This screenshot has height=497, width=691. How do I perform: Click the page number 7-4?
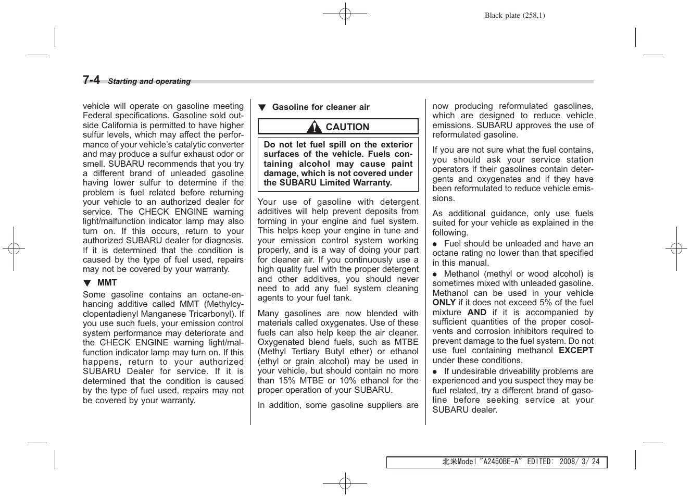(x=91, y=80)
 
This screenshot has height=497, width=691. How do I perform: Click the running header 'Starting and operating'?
(x=149, y=81)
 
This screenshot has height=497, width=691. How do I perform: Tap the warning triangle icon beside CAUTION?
(x=314, y=127)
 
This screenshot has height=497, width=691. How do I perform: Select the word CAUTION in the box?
(x=347, y=127)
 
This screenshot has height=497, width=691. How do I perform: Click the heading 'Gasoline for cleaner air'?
(x=321, y=107)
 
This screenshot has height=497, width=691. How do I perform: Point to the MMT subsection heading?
(x=107, y=283)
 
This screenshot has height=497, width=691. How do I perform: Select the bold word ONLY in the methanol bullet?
(x=444, y=303)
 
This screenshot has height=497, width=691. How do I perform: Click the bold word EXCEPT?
(x=576, y=351)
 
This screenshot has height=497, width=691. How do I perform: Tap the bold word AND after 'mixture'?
(x=476, y=313)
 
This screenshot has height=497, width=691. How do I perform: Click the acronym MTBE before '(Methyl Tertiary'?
(x=407, y=342)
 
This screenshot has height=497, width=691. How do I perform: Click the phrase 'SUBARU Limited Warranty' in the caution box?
(x=335, y=183)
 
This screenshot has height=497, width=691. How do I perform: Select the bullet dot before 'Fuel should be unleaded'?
(x=435, y=244)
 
